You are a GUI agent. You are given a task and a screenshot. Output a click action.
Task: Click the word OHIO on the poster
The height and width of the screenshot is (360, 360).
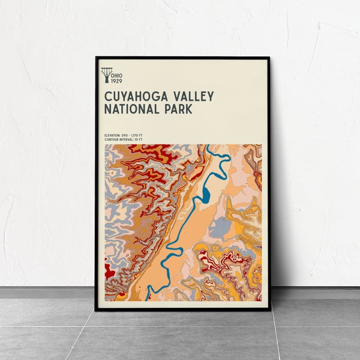click(x=118, y=73)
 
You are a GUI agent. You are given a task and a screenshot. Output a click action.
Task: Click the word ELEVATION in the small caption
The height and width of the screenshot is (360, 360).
click(x=112, y=136)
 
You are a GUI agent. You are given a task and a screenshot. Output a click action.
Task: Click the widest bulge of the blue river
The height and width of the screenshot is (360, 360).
click(x=206, y=194)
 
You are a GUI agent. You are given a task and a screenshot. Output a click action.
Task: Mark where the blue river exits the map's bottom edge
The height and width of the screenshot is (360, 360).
click(x=149, y=298)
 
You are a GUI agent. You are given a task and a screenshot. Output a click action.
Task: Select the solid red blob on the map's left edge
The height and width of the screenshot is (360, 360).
click(x=108, y=271)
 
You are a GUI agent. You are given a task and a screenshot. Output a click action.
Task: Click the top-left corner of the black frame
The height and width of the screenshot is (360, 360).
click(x=96, y=58)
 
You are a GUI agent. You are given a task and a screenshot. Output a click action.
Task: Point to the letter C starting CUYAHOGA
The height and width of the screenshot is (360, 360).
click(x=108, y=97)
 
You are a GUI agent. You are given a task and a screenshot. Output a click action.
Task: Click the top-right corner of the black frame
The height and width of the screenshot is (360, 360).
click(x=269, y=58)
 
